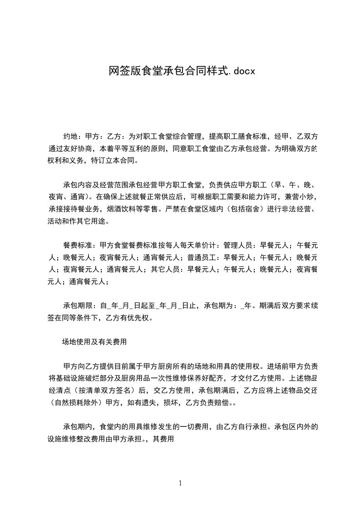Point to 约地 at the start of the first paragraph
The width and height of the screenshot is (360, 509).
(x=70, y=136)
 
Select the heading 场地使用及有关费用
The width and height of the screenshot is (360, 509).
(x=94, y=342)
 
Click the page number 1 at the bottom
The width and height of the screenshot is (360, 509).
(x=180, y=483)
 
